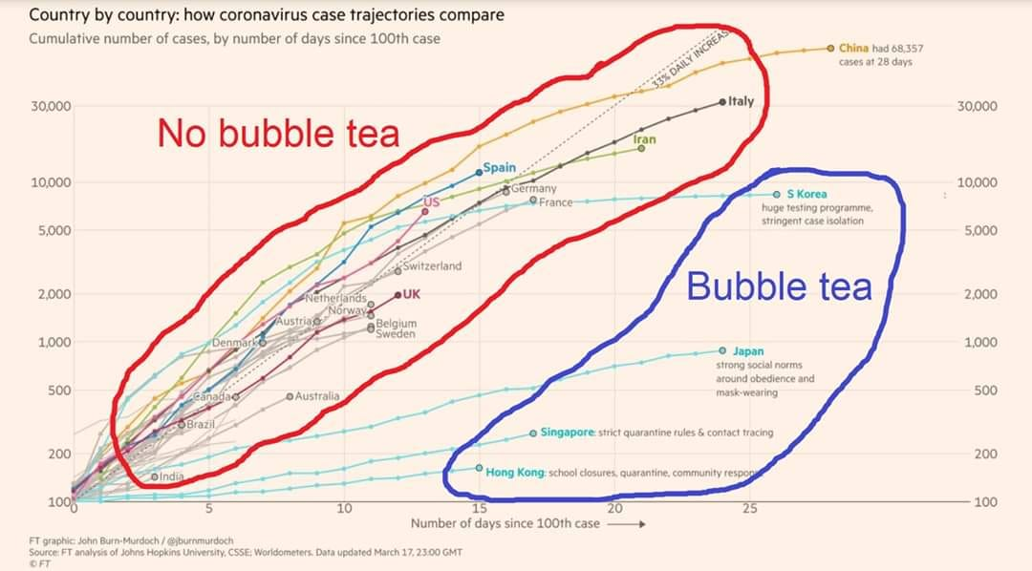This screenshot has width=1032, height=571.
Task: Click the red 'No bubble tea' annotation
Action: coord(278,134)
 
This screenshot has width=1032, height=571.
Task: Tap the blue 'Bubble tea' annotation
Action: coord(779,286)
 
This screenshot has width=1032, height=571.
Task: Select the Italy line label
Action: coord(741,101)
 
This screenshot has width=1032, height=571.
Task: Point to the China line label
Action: coord(852,48)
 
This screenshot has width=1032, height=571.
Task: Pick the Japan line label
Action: coord(748,351)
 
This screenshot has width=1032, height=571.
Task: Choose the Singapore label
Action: coord(568,433)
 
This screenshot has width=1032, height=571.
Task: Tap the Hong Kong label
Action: coord(515,472)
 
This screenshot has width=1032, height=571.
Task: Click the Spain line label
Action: coord(499,167)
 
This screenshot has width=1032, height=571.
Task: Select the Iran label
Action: coord(645,140)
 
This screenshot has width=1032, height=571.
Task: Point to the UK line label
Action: coord(412,294)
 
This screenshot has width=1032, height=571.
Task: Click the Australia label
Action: coord(316,395)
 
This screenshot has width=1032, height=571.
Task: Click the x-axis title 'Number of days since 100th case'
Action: coord(505,523)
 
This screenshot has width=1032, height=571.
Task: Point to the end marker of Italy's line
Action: coord(722,101)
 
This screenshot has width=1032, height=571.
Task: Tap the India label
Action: coord(171,476)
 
